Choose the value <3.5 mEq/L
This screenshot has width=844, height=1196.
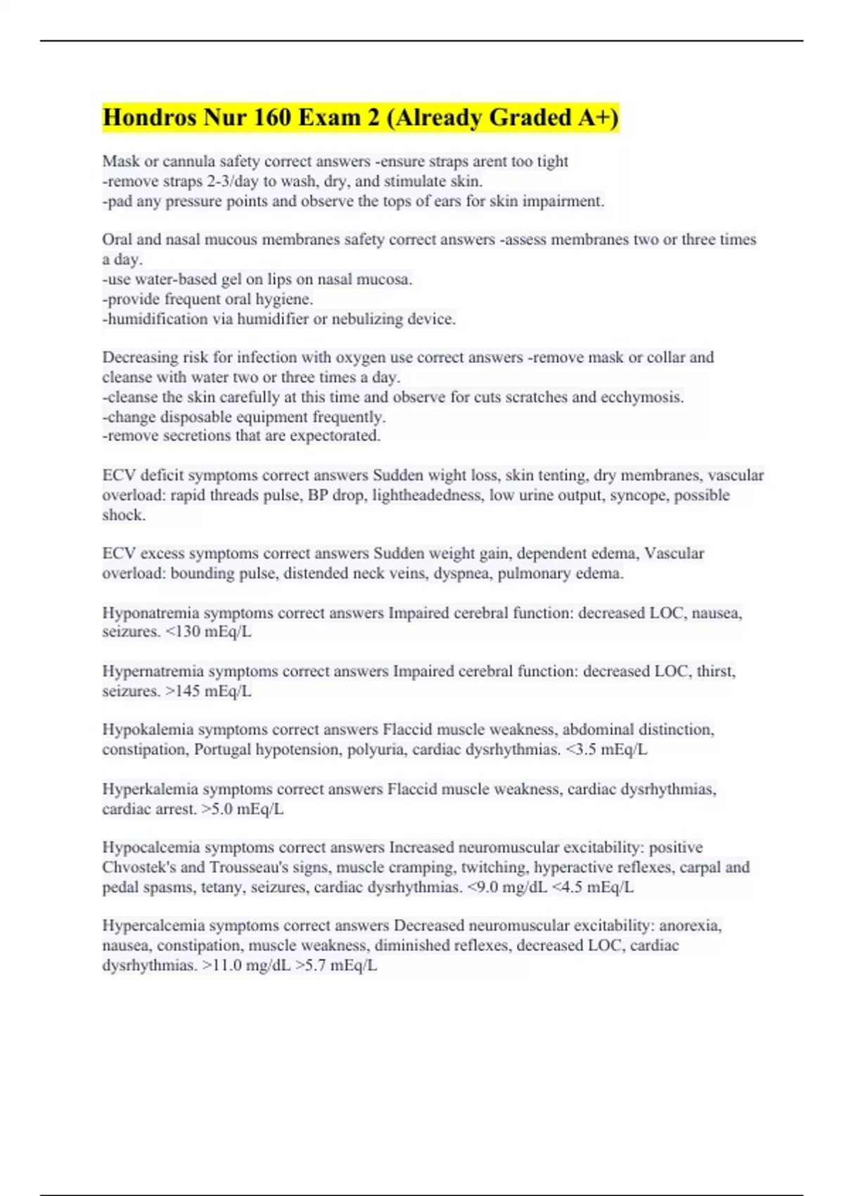pos(606,749)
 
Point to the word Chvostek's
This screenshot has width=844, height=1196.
pos(139,867)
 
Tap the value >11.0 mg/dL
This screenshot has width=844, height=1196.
pos(246,965)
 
